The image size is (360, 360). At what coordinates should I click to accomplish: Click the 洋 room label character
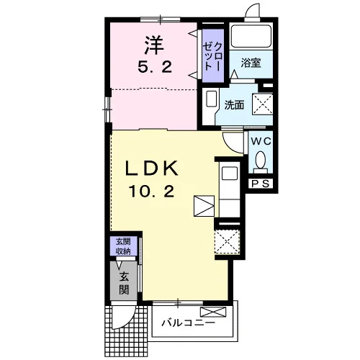pos(154,45)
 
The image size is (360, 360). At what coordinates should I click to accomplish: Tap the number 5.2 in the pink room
pos(155,67)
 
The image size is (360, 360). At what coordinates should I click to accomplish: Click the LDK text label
pos(152,168)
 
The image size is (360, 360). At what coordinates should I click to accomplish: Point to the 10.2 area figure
pos(152,192)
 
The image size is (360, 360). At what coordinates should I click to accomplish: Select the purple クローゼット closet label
pos(213,56)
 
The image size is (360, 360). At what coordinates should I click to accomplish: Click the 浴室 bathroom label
pos(251,63)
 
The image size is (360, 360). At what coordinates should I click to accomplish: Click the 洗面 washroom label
pos(234,105)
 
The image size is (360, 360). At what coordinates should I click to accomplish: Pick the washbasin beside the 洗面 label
pos(212,99)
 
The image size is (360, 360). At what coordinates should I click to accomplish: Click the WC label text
pos(261,141)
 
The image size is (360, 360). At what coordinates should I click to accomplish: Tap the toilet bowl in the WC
pos(261,160)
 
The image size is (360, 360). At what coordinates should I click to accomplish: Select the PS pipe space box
pos(261,184)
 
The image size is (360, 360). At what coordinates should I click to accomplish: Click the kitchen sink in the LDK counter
pos(230,174)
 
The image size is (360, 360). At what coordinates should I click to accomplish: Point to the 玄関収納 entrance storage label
pos(123,246)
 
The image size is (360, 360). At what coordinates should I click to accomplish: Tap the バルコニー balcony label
pos(188,323)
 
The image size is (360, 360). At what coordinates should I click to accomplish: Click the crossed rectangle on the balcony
pos(213,312)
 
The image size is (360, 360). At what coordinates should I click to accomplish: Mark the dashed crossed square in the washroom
pos(262,104)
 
